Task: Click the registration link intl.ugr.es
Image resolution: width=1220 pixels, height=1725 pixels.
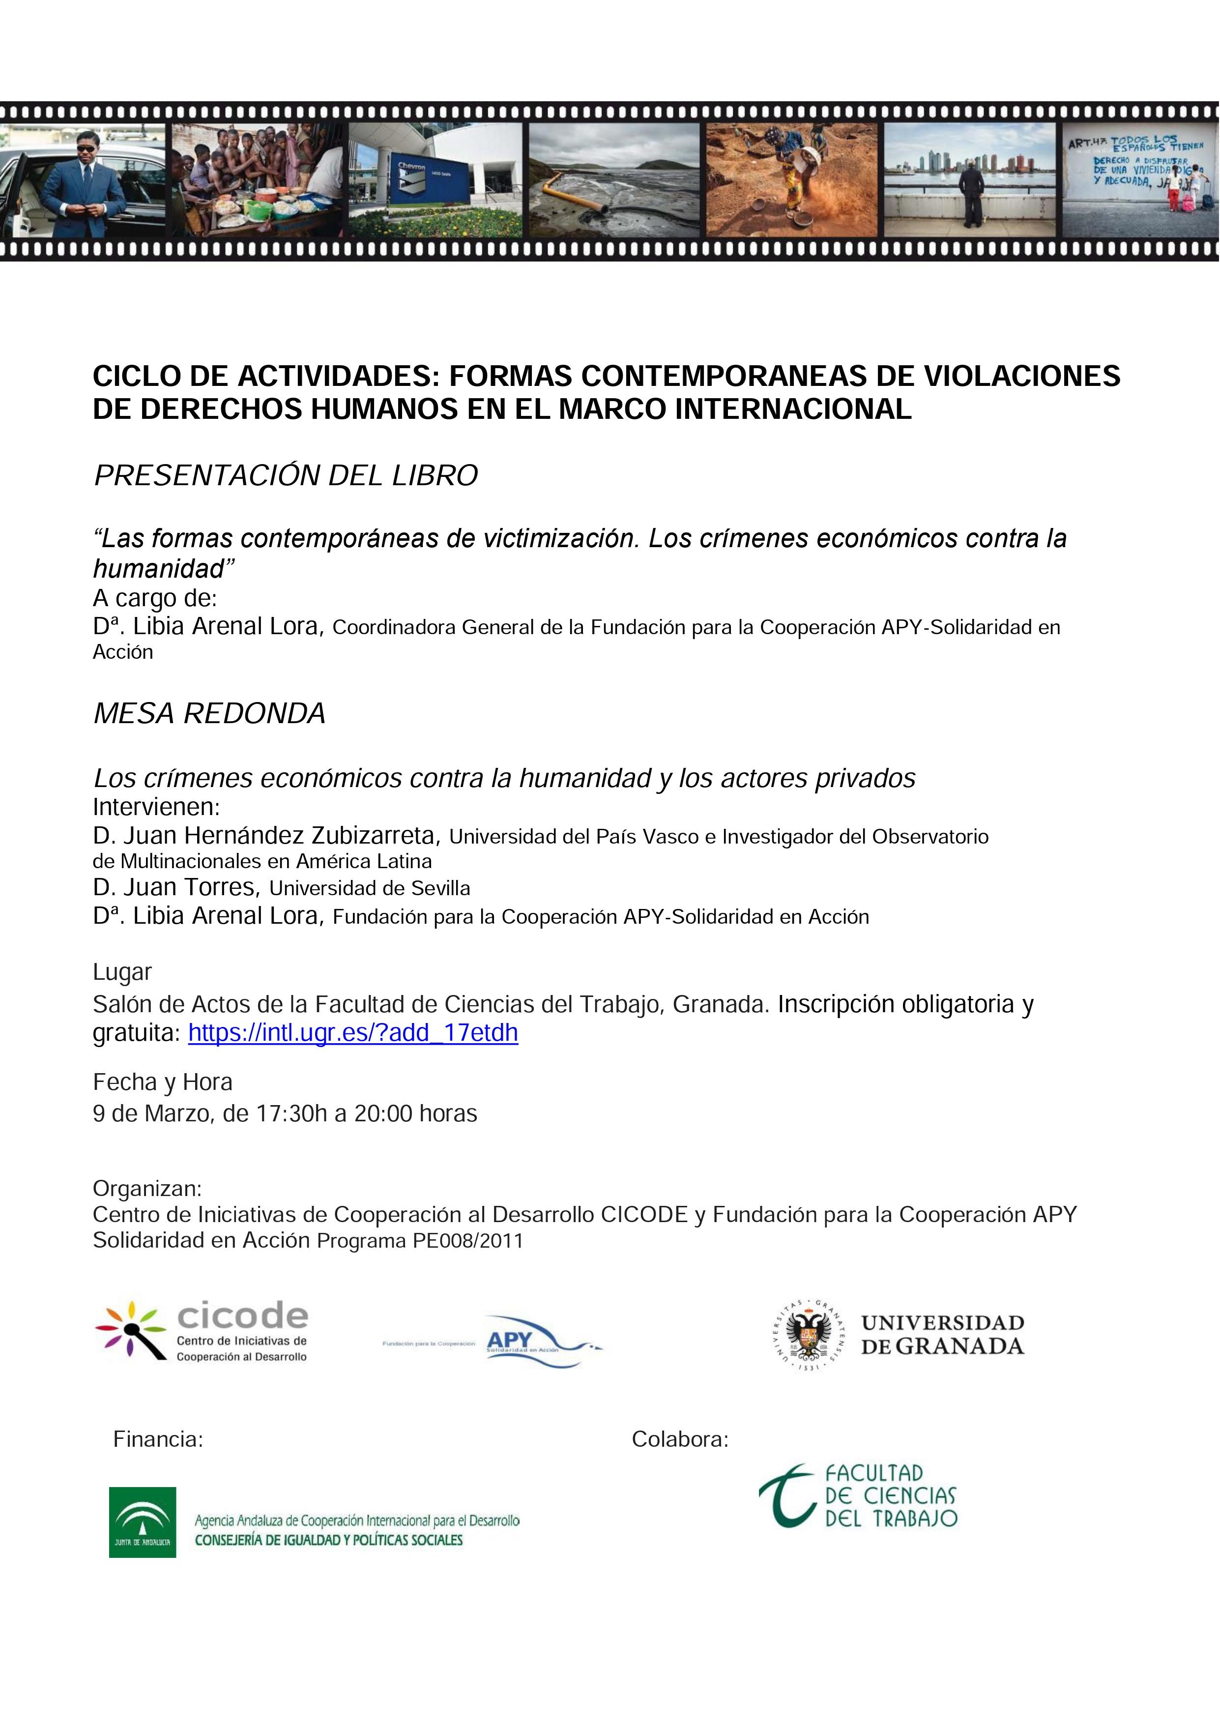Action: [x=352, y=1032]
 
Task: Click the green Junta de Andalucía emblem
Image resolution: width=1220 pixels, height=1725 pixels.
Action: [x=142, y=1522]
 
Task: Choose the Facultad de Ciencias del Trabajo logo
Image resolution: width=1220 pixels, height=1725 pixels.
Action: [x=858, y=1495]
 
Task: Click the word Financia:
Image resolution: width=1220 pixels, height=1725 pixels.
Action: [x=158, y=1439]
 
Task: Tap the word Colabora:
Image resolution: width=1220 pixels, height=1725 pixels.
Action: [x=680, y=1439]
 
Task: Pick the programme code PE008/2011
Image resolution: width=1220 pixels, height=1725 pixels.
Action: [x=467, y=1240]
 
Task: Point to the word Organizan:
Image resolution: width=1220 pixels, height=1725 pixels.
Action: [x=147, y=1189]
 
